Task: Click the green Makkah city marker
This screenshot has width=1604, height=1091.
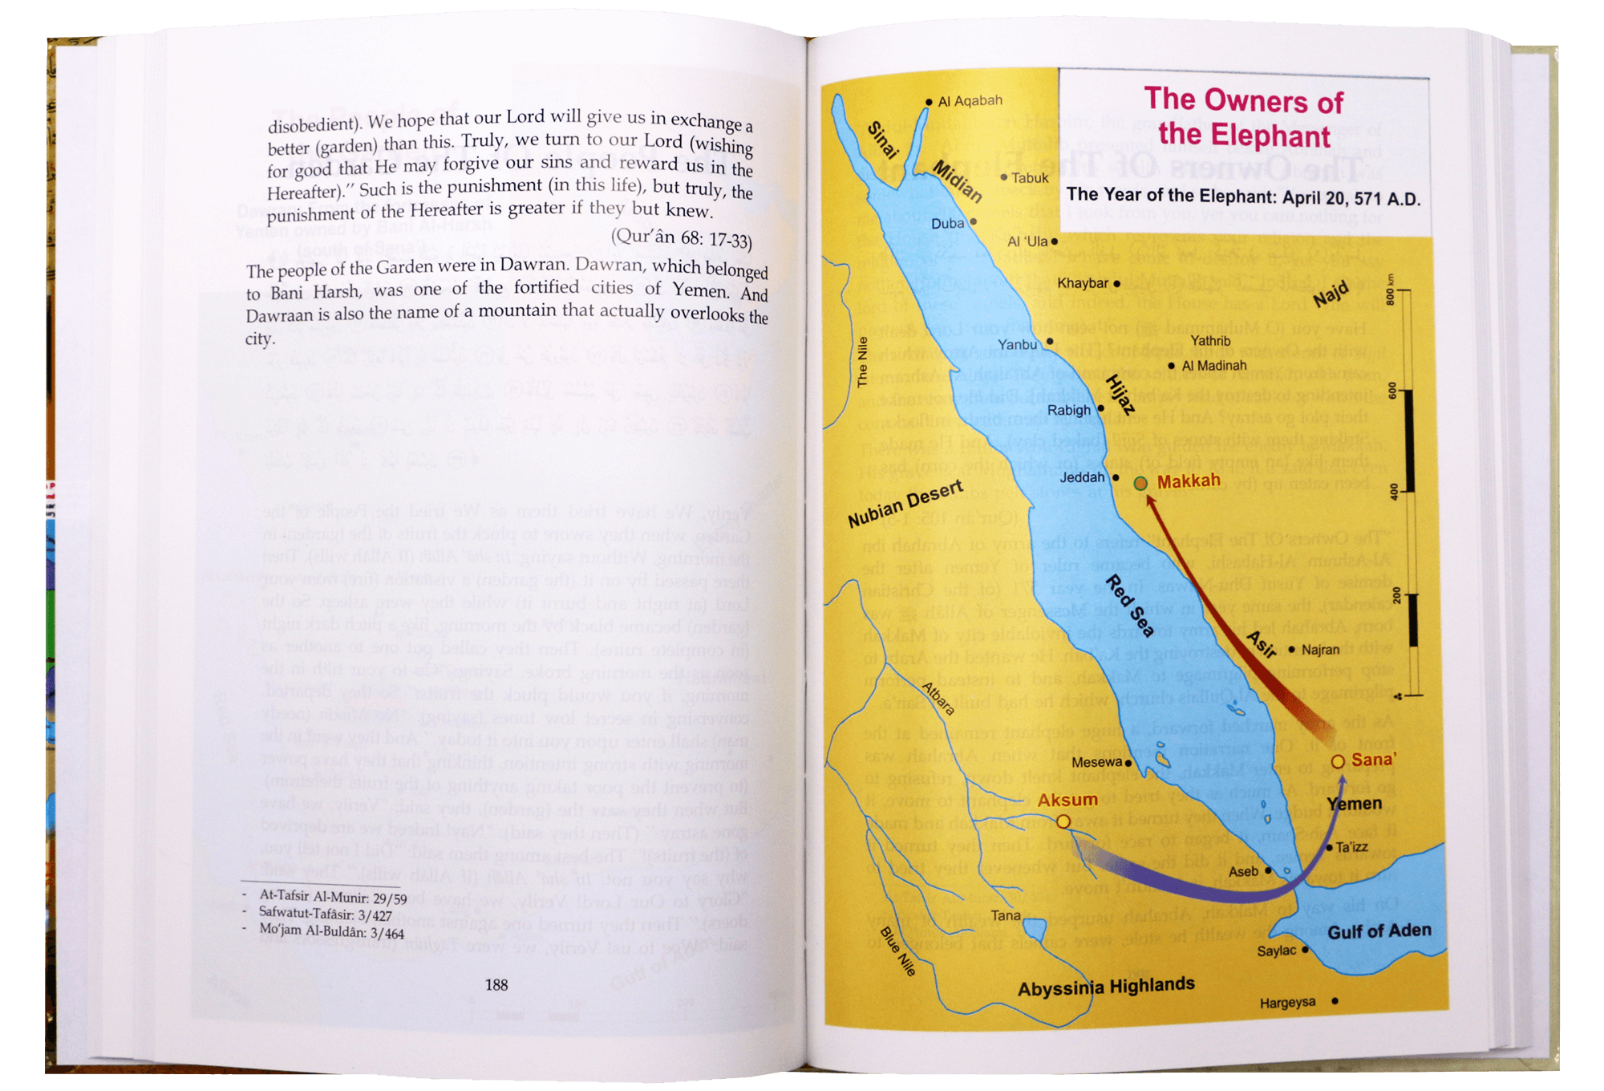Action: (1140, 483)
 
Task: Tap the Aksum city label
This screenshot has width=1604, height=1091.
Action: (1067, 800)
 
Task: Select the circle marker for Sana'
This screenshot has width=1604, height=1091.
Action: (1338, 761)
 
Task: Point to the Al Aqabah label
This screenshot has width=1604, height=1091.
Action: (970, 101)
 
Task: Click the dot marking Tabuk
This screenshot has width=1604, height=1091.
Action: (1004, 177)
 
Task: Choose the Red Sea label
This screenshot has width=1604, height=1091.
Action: (1131, 606)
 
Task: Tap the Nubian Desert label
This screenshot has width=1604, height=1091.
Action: (905, 505)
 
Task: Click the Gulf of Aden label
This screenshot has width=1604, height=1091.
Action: (1379, 931)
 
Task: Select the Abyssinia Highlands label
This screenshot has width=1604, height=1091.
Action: (1106, 987)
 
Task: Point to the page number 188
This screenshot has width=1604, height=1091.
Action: (496, 984)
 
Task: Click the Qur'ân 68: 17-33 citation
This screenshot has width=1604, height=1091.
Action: (681, 238)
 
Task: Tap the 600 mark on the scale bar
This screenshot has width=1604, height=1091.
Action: (1393, 391)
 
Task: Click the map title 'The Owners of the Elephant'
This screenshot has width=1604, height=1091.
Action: (1244, 117)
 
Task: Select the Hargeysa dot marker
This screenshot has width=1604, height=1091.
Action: (1335, 1000)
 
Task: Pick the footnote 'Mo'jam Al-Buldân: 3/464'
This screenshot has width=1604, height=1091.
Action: (331, 931)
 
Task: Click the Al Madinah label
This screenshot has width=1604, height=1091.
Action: (1214, 366)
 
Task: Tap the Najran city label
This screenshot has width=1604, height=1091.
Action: (1320, 650)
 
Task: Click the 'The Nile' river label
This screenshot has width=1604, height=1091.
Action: (863, 363)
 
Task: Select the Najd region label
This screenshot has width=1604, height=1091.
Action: (1331, 294)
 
